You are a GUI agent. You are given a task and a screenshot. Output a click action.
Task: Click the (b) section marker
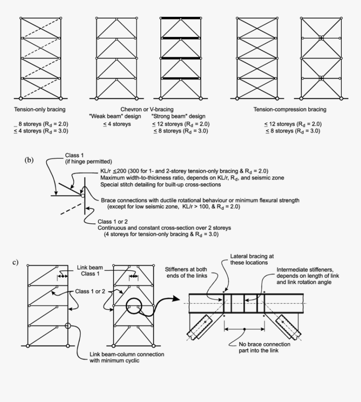pyautogui.click(x=29, y=160)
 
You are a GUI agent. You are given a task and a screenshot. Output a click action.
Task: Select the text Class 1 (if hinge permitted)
pyautogui.click(x=78, y=158)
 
